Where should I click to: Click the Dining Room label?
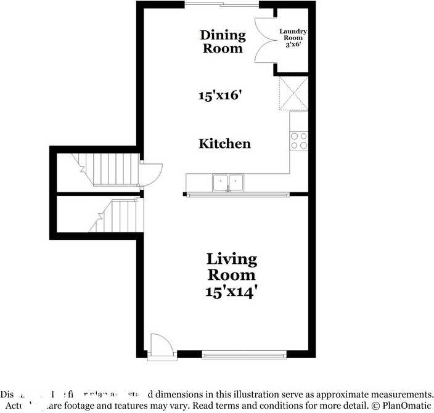[x=223, y=41]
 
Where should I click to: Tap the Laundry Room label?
[x=293, y=35]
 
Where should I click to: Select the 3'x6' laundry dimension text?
[x=293, y=45]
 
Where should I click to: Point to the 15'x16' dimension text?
[x=220, y=96]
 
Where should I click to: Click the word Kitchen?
[x=224, y=144]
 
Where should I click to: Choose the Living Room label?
[x=231, y=266]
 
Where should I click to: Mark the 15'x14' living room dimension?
[x=231, y=291]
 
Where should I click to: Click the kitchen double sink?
[x=228, y=182]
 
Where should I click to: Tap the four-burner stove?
[x=299, y=141]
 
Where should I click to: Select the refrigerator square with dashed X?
[x=293, y=92]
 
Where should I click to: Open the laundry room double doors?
[x=265, y=41]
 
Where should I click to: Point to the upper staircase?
[x=108, y=169]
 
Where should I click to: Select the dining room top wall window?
[x=222, y=5]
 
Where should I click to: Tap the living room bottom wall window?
[x=244, y=354]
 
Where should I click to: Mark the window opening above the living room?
[x=238, y=195]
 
